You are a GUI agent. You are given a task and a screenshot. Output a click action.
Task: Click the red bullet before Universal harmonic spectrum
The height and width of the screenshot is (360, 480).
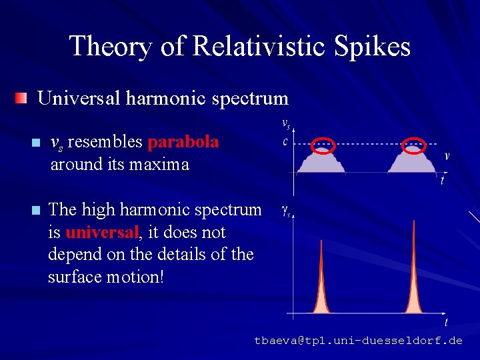tap(22, 99)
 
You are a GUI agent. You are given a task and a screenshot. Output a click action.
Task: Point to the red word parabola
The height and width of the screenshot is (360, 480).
tap(183, 142)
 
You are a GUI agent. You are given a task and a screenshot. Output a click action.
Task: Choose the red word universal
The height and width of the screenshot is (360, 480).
tap(102, 233)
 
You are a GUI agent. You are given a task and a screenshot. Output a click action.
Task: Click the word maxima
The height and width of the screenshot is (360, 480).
tap(163, 163)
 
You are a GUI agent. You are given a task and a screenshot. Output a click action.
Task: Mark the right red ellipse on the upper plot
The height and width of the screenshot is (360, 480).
tap(414, 146)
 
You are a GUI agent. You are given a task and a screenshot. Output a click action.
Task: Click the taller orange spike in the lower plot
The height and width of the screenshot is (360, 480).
tap(415, 280)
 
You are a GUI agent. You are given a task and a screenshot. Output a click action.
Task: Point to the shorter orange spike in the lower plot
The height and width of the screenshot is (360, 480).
tap(322, 287)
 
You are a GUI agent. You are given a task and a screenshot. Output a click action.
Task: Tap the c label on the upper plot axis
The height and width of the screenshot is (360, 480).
tap(285, 142)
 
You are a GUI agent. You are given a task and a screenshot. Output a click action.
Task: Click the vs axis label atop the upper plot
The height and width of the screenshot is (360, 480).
tap(286, 124)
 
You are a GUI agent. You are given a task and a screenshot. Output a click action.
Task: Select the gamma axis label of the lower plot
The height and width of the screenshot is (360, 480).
tap(285, 211)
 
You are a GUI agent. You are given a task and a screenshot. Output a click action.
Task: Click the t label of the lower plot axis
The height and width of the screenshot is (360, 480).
tap(445, 323)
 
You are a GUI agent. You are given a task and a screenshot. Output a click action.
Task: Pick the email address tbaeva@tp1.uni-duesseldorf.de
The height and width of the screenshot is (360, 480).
tap(358, 341)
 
